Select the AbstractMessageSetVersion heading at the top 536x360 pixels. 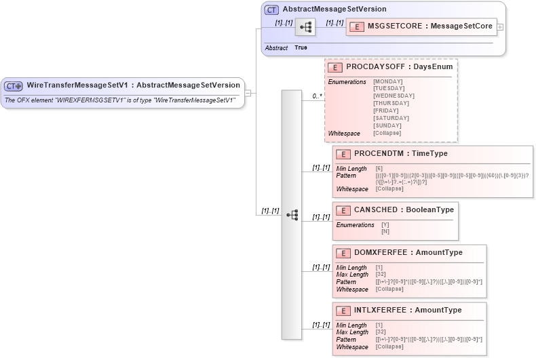[334, 9]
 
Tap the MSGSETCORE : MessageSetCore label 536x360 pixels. [429, 26]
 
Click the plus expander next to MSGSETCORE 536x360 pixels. [500, 27]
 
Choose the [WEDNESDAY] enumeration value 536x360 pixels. [394, 96]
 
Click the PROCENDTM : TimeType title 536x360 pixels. [400, 154]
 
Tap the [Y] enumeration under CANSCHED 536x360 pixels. [385, 224]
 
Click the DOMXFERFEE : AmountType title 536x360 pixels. [408, 253]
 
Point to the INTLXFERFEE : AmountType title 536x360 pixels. [407, 311]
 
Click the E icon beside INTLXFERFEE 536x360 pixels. [343, 311]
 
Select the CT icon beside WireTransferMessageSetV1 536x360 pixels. [14, 86]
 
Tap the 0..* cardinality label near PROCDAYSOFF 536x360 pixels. [317, 96]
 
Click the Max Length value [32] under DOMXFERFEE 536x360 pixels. [381, 275]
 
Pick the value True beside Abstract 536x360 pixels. [301, 48]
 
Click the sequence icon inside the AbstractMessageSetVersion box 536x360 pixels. [306, 27]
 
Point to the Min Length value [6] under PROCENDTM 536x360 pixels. [379, 169]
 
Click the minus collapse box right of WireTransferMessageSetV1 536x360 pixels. [248, 93]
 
